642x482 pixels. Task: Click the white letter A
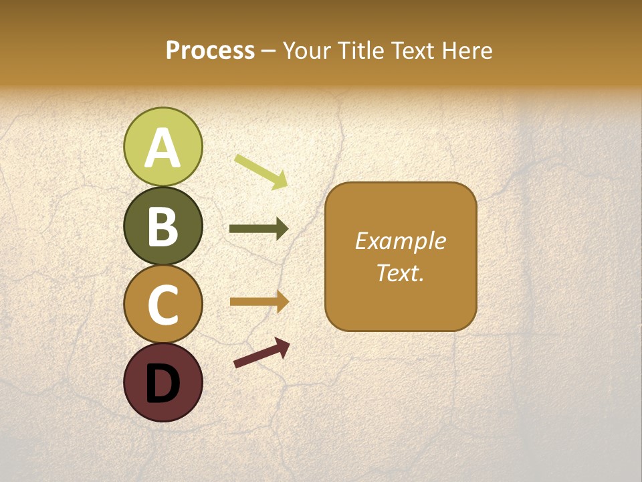pos(163,149)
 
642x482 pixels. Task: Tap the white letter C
pos(163,305)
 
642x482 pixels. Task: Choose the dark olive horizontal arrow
pos(259,229)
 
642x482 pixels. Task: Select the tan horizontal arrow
pos(259,302)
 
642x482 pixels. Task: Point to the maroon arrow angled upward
pos(261,353)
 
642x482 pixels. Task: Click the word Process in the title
pos(210,51)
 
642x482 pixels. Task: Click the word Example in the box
pos(400,242)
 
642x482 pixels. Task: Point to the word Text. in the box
pos(400,272)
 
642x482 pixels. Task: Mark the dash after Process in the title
pos(268,52)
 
